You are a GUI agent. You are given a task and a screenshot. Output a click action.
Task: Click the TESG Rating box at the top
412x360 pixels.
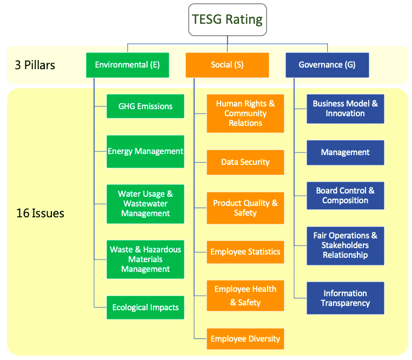227,20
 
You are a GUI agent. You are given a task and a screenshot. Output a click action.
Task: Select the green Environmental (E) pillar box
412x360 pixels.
127,65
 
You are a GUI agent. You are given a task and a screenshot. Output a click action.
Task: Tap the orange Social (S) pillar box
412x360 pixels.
227,65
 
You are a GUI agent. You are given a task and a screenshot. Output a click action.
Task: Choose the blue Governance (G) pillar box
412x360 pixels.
327,65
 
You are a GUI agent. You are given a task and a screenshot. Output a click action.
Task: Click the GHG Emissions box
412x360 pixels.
145,106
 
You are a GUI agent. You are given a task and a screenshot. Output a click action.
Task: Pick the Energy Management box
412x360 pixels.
145,151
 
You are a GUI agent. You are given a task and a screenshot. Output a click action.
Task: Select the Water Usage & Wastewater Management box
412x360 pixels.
145,203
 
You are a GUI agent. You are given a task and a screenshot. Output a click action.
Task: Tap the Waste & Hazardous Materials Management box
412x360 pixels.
145,259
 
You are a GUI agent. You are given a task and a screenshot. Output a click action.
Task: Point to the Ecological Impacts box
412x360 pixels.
145,307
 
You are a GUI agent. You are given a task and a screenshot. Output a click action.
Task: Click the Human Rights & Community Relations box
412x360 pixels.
245,114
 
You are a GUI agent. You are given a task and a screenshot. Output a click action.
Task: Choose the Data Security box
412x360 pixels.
245,162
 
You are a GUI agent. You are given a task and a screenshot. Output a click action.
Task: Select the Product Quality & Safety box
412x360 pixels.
245,208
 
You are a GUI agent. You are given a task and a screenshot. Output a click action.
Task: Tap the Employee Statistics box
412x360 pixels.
245,252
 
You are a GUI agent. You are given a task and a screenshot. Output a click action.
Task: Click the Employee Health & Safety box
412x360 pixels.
245,296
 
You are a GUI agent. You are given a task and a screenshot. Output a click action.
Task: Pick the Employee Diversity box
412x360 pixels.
245,339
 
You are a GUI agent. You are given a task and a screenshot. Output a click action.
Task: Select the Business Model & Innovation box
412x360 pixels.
345,109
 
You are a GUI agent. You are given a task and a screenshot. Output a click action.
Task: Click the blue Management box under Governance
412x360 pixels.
345,152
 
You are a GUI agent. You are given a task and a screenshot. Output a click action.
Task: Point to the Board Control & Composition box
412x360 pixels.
345,196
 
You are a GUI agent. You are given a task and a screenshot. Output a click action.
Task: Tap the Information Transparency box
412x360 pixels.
345,298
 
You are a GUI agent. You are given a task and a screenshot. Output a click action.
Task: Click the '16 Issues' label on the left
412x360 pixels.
40,213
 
